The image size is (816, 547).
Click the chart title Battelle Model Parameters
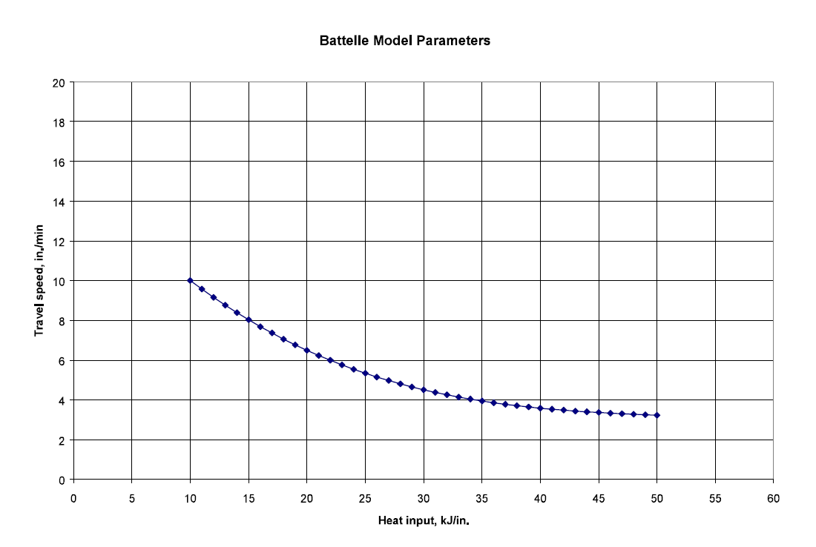(x=404, y=42)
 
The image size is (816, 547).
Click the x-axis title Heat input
(x=424, y=521)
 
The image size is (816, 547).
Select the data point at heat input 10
(x=191, y=280)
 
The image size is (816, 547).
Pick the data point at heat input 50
(x=657, y=415)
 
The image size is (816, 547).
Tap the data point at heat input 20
(x=307, y=350)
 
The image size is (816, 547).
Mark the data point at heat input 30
(x=424, y=390)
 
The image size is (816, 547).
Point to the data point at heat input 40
(x=541, y=408)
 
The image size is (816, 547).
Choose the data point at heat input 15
(x=249, y=320)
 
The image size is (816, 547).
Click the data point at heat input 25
(x=365, y=373)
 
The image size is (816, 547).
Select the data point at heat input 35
(x=482, y=401)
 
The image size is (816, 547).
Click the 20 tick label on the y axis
(x=60, y=82)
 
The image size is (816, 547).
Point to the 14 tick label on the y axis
(x=60, y=201)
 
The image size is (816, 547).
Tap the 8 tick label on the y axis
(x=63, y=321)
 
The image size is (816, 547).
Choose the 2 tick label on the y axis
(x=63, y=440)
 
